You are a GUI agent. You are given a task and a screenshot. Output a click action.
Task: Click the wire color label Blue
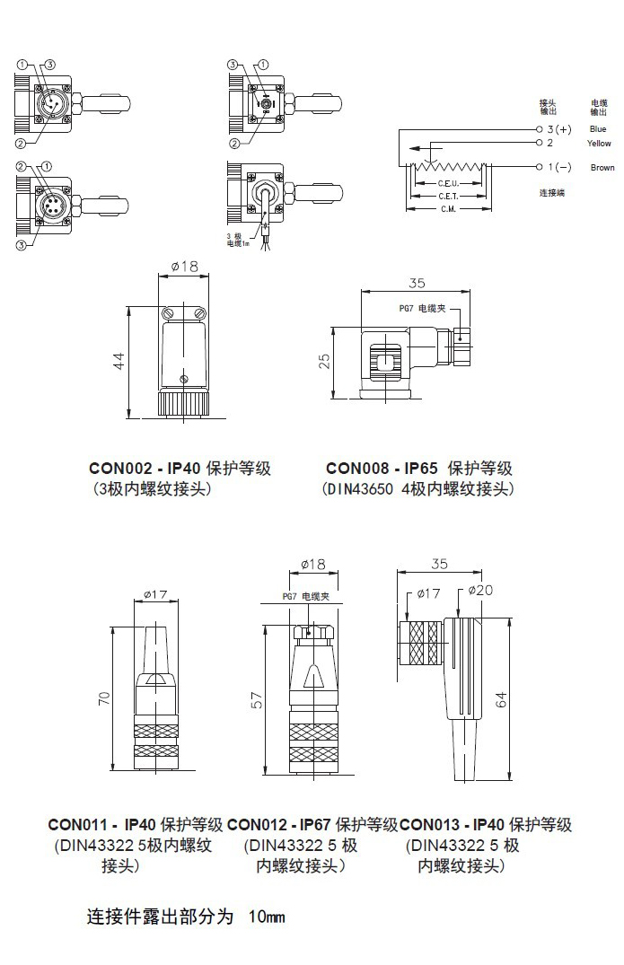click(x=598, y=129)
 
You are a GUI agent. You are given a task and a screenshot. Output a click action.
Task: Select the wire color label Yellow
click(x=599, y=144)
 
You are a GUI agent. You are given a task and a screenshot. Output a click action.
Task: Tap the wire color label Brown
click(x=602, y=168)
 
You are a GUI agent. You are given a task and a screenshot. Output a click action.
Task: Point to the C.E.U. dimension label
click(x=448, y=182)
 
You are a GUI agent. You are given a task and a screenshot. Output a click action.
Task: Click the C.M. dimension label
click(x=448, y=208)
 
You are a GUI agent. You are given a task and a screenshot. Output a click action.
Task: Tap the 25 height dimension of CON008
click(x=325, y=360)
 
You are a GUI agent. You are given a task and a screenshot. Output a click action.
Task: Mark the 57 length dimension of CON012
click(x=258, y=705)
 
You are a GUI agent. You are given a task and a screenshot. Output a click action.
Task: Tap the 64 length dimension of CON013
click(x=502, y=698)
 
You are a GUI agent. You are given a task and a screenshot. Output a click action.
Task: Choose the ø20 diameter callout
click(x=481, y=590)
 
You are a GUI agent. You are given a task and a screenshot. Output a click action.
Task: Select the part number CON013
click(x=428, y=824)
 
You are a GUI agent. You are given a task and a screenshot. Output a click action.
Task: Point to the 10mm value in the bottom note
click(x=266, y=917)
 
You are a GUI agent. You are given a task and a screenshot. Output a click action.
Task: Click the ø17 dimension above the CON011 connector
click(x=156, y=593)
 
